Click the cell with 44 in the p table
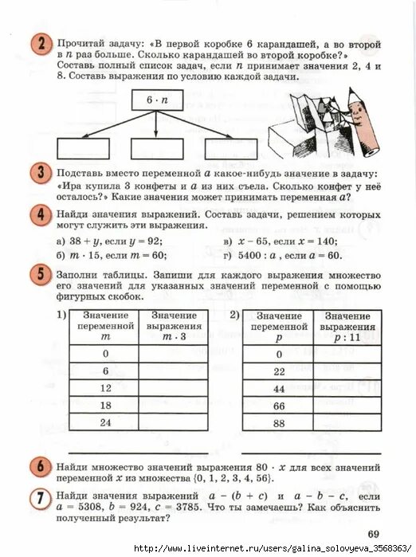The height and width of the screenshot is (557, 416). tap(279, 388)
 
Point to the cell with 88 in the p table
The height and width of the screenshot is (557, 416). tap(279, 423)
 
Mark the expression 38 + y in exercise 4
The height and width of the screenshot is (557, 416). tap(87, 241)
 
